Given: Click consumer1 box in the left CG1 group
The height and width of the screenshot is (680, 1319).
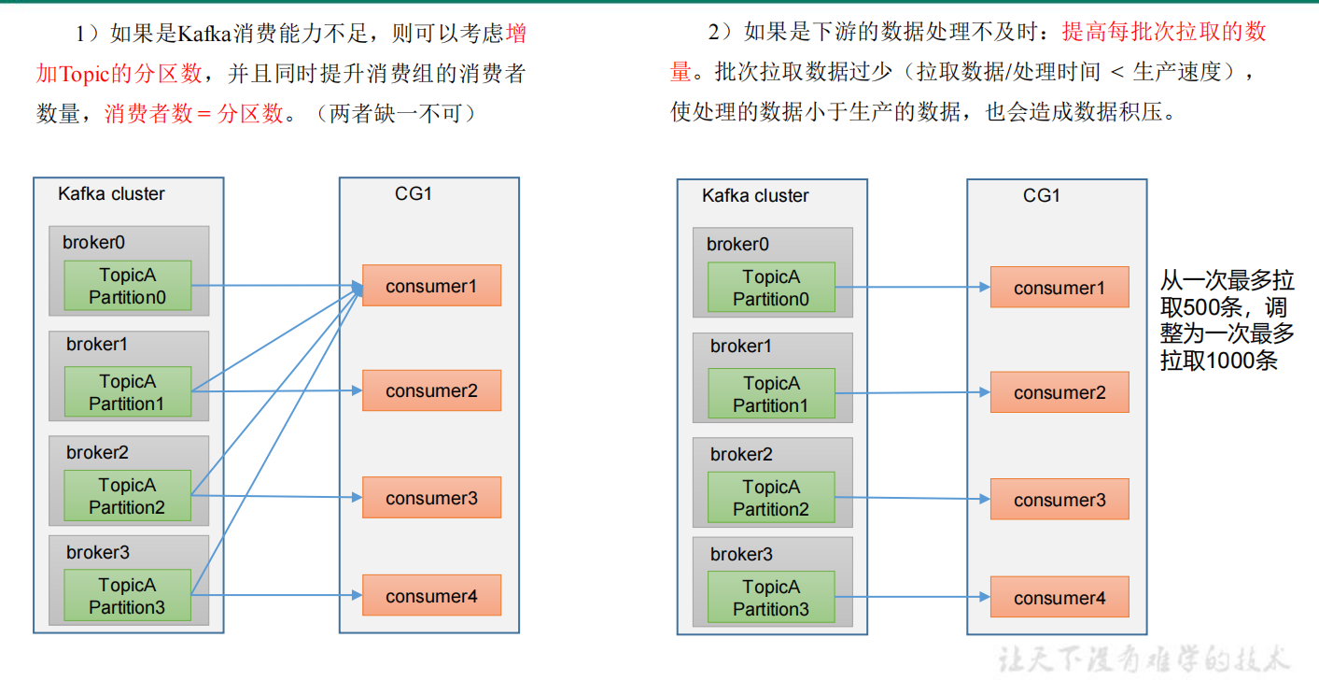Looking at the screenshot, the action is pos(431,286).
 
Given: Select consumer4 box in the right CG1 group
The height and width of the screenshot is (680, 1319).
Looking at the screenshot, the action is pos(1059,597).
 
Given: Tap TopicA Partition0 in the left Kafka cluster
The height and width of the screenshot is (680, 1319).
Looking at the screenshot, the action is pos(127,286).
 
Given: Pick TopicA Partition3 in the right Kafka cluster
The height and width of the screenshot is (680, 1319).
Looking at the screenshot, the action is pos(771,597).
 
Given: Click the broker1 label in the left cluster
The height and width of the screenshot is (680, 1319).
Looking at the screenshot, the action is pos(96,344).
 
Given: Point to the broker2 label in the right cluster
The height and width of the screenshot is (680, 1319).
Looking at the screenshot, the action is pos(741,454).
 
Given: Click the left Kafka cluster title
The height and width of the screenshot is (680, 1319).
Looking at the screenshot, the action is pos(111,194).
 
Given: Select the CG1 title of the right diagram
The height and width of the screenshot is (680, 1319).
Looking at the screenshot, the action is pos(1041,195).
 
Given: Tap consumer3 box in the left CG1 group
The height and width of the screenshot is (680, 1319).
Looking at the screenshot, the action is pos(431,497).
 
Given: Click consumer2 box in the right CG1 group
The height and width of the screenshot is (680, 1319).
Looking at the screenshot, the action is pos(1059,392).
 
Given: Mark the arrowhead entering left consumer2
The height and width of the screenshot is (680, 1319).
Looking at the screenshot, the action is pos(357,390).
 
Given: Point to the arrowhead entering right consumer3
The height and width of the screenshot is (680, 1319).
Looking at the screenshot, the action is pos(985,499).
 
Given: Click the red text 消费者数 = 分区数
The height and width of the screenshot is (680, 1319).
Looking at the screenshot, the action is pos(194,113).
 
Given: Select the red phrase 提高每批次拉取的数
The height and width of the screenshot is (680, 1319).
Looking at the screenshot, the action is pos(1163,32).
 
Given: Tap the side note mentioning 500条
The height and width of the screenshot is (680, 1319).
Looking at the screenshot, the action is pos(1227,320).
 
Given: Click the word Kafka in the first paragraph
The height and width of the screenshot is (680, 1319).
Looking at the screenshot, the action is pos(203,34).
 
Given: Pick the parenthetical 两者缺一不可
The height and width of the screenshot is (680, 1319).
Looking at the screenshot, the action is pos(396,113).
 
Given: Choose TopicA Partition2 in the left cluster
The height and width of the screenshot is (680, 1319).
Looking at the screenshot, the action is pos(127,496).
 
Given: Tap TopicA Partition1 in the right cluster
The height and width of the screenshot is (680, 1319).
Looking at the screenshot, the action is pos(771,393).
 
